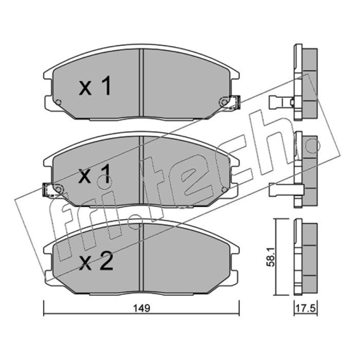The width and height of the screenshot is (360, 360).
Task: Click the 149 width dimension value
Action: pos(142,308)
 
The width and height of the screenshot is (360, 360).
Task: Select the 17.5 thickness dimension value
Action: pos(306,308)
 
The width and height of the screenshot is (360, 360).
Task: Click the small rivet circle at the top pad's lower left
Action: pos(58,102)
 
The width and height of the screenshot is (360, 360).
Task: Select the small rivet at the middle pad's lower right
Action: pos(225,189)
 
